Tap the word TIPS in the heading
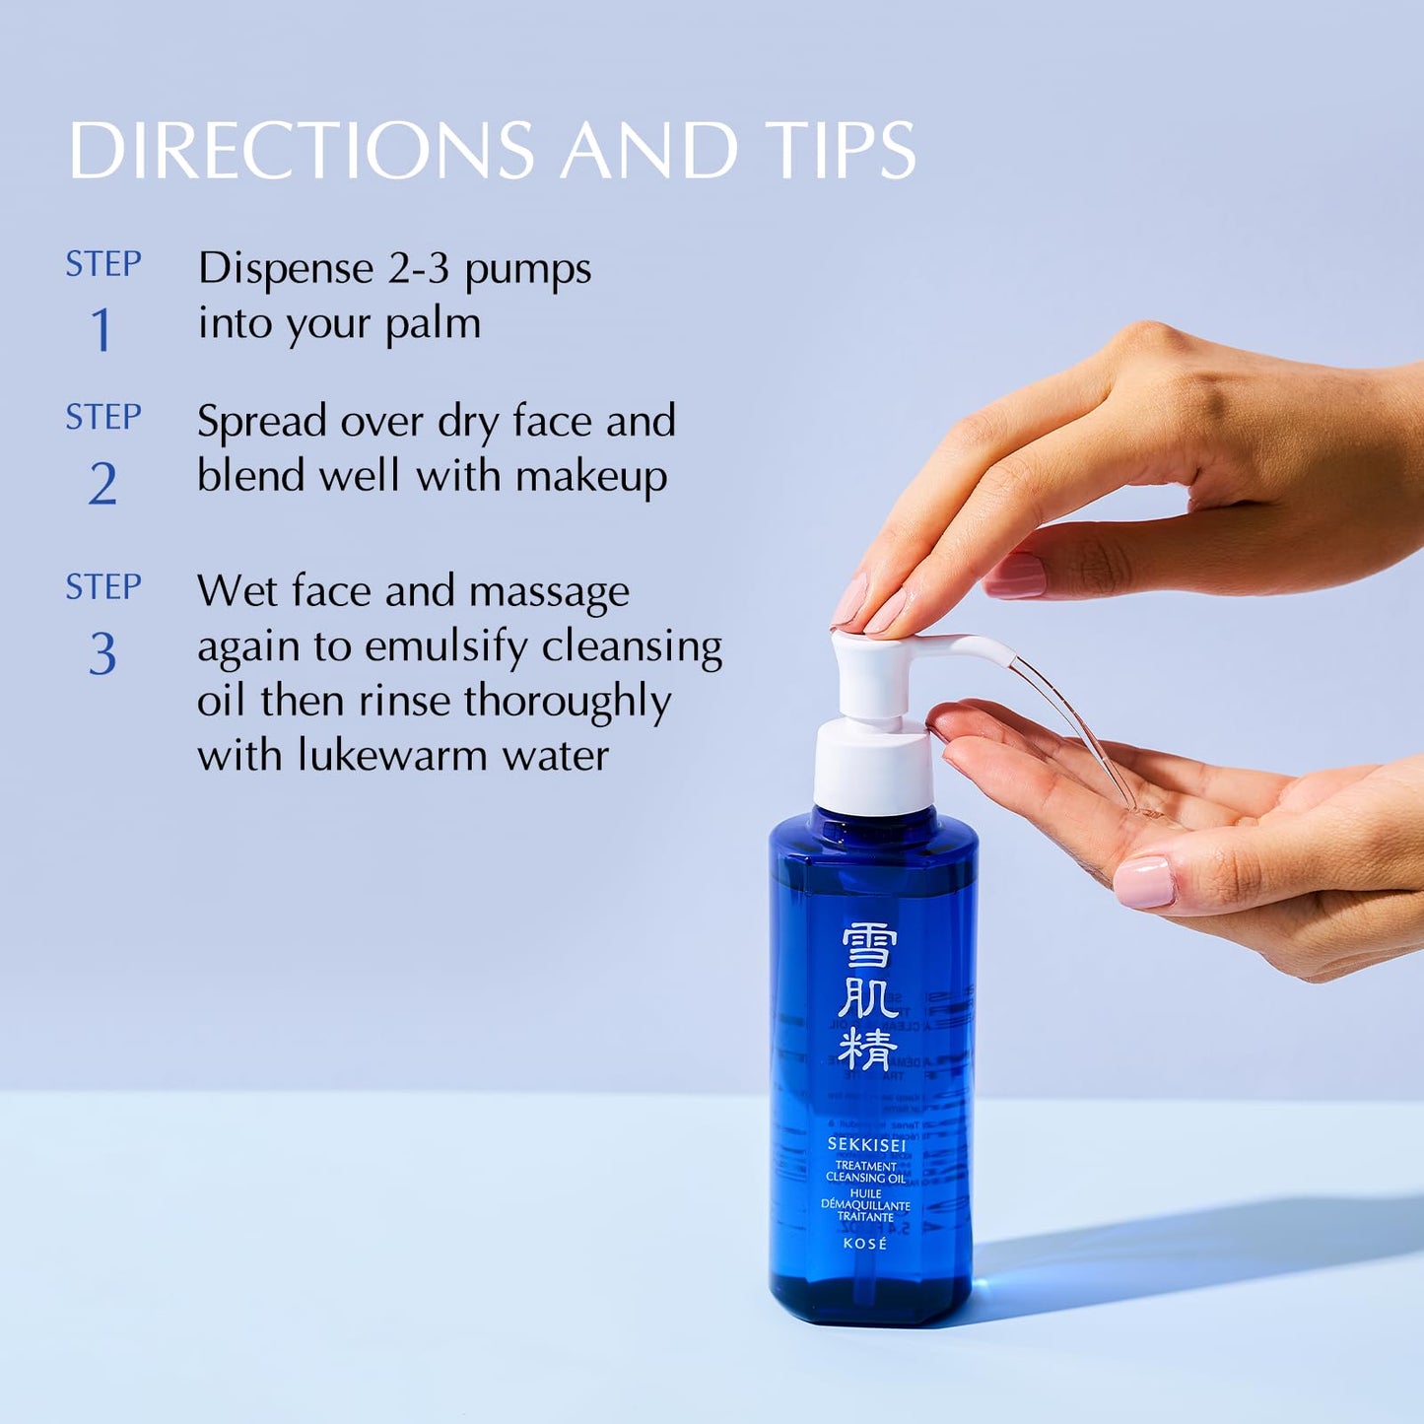[x=841, y=151]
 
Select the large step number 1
[x=102, y=330]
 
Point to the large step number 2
[x=102, y=484]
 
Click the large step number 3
[x=102, y=654]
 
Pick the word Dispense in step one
[x=286, y=269]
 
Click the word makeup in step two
[x=591, y=477]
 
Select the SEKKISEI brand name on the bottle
[x=866, y=1145]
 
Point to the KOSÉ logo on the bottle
[x=865, y=1244]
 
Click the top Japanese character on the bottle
[x=868, y=947]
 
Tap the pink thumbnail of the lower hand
[x=1144, y=881]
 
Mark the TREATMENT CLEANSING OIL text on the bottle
[x=865, y=1172]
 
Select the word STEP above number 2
[x=103, y=418]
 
